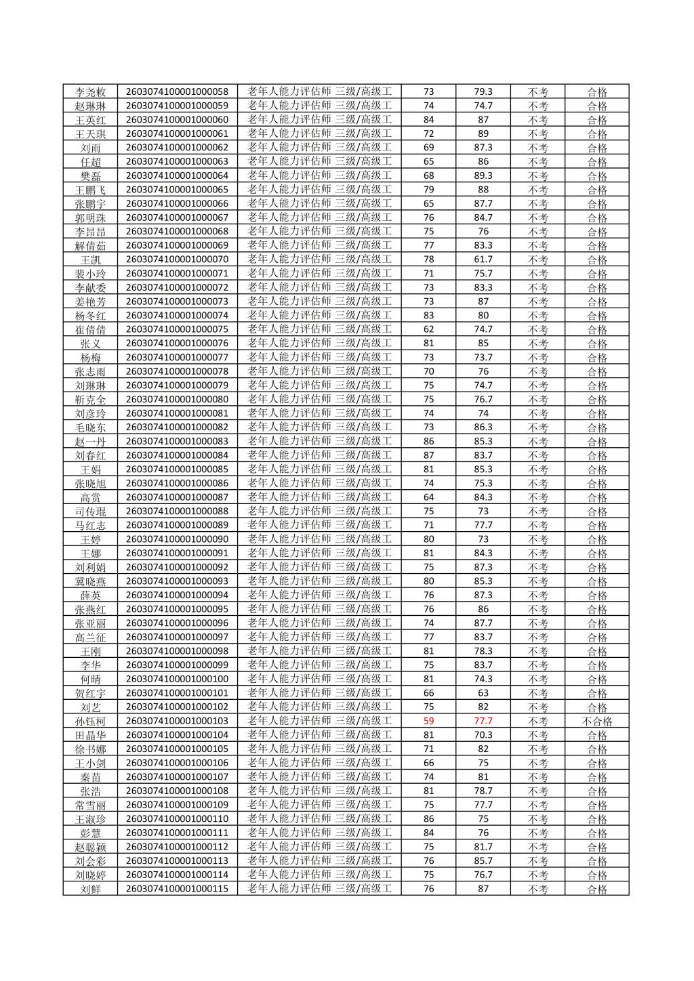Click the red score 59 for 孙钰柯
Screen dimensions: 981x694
[428, 721]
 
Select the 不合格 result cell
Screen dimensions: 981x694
[596, 722]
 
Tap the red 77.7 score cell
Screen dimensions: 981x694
[483, 721]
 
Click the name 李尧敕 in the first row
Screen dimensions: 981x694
[90, 92]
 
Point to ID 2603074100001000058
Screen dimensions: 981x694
[178, 91]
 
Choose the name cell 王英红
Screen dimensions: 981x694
[90, 120]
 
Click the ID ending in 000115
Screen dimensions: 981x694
[178, 888]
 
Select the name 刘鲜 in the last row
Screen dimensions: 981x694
[90, 889]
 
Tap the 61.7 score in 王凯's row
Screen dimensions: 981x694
[483, 259]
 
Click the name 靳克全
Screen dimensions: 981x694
[90, 400]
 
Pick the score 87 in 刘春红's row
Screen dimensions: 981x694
[428, 455]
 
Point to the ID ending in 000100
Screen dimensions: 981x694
[178, 679]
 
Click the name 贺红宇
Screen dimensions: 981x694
[90, 693]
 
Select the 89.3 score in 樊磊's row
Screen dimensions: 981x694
[483, 175]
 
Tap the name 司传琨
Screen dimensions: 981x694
[90, 512]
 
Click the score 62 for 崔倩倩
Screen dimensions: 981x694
[428, 329]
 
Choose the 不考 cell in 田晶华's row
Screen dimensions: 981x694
[537, 735]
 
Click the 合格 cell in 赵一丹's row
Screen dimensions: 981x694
[596, 442]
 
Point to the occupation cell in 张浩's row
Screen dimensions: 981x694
[319, 791]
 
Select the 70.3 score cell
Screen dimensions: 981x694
[483, 735]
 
